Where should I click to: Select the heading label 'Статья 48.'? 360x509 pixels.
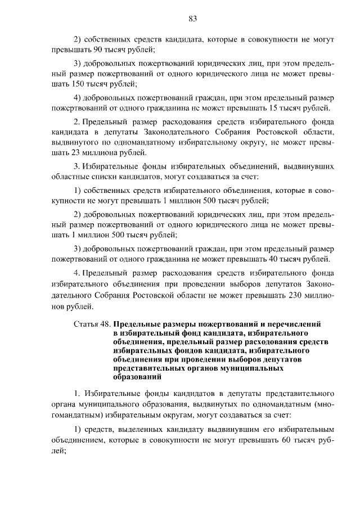92,325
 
